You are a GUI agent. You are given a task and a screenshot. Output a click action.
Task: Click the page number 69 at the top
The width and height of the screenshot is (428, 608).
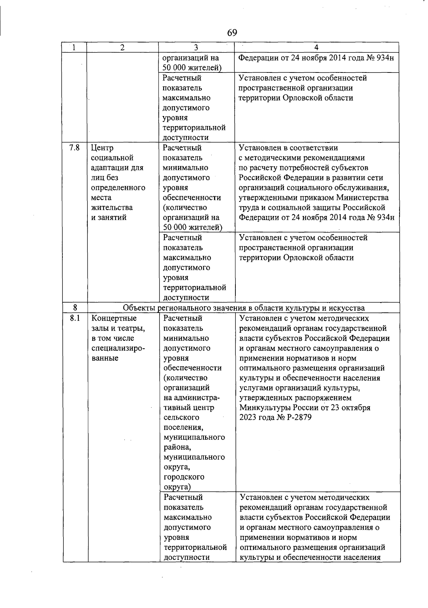tap(232, 33)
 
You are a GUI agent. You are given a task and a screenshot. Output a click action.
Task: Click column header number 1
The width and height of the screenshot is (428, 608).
tap(74, 47)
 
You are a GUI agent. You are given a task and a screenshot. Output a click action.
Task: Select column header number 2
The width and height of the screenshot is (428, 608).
tap(122, 47)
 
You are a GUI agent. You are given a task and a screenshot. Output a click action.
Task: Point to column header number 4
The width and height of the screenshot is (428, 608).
tap(316, 47)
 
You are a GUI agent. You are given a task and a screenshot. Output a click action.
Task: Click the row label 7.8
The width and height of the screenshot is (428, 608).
tap(74, 147)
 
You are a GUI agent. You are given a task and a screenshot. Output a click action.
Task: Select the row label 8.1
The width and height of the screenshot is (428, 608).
tap(75, 318)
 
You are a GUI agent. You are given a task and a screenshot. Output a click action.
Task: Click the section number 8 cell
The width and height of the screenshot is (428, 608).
tap(75, 308)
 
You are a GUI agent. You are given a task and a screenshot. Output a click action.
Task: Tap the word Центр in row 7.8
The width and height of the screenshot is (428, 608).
tap(102, 148)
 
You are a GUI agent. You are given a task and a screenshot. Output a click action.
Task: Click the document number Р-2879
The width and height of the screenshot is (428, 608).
tap(298, 417)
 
